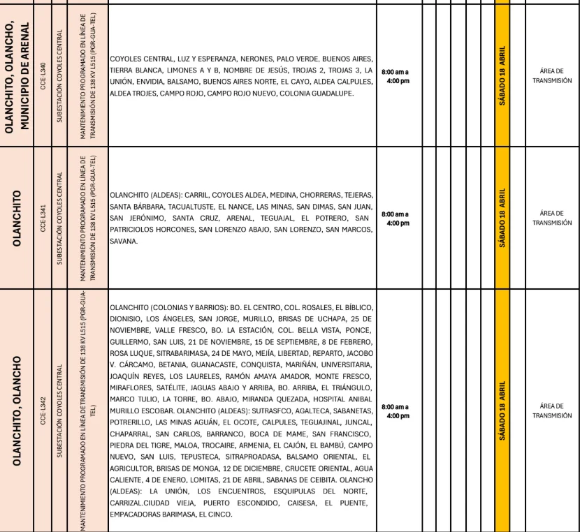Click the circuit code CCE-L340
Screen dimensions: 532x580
pos(43,73)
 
